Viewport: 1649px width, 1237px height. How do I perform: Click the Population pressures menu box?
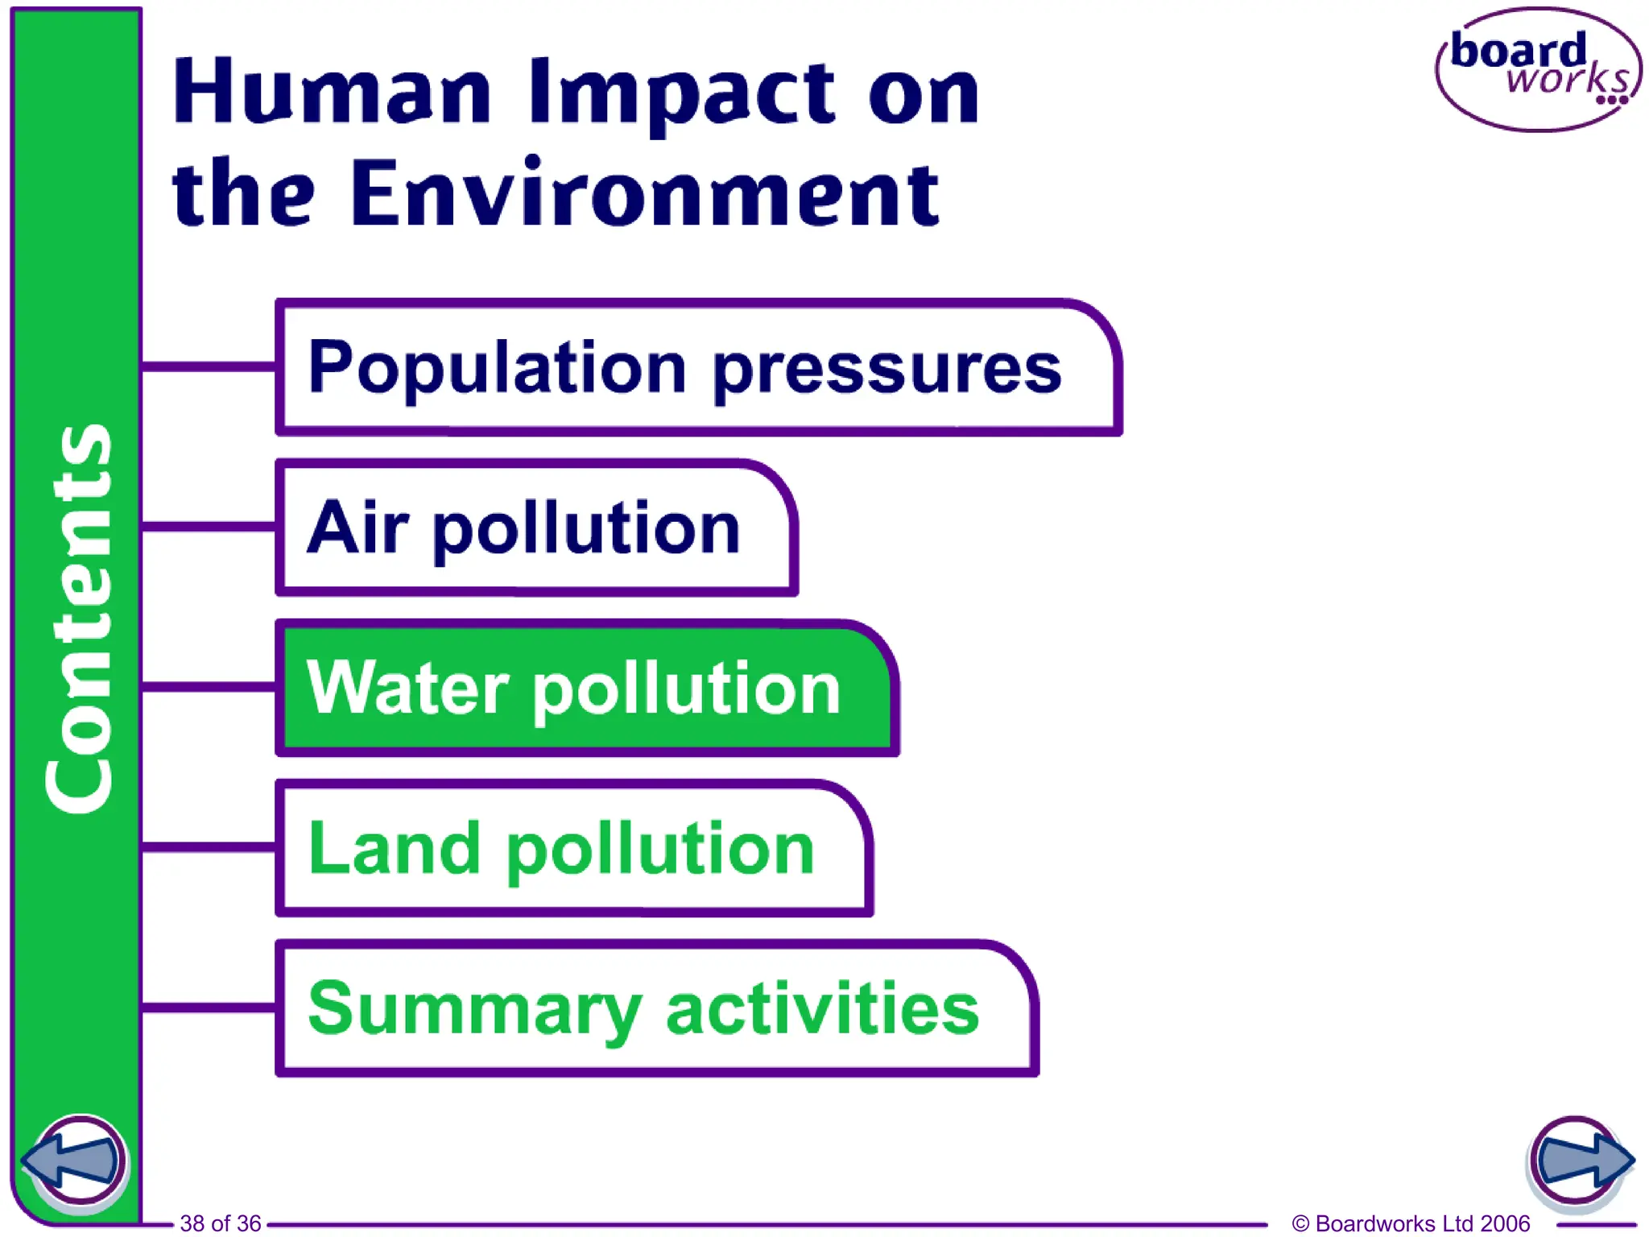pos(697,367)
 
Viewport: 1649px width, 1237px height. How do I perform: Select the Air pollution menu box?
pos(535,527)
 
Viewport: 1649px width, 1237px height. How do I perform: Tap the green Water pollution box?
pos(586,688)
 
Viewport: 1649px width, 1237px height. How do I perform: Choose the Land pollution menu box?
pos(573,848)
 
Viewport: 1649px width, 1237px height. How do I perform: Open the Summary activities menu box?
pos(656,1008)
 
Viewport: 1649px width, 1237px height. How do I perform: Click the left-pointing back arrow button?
pos(74,1160)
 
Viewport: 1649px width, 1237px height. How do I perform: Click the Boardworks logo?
pos(1538,70)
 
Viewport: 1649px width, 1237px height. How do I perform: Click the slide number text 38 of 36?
pos(220,1223)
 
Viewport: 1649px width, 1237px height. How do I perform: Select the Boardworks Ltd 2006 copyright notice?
pos(1411,1223)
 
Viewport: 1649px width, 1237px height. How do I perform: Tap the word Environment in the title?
pos(644,193)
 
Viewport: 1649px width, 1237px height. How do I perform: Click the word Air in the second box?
pos(357,527)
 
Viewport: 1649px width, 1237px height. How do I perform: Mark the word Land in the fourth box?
pos(395,848)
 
